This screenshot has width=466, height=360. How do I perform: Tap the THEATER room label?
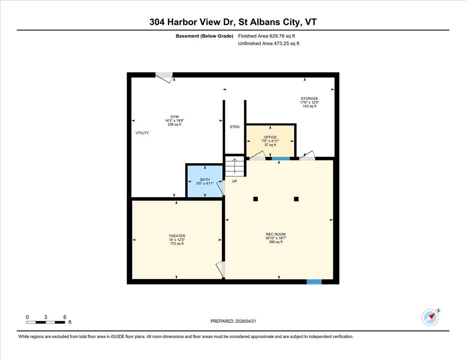(177, 236)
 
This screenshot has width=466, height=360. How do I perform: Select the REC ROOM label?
(276, 234)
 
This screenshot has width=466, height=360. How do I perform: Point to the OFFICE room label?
(270, 137)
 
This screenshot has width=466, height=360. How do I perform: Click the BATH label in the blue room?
(205, 179)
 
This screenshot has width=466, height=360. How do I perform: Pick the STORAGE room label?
(309, 99)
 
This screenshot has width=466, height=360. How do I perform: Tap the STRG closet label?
(235, 127)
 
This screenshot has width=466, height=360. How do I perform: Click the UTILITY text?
(142, 133)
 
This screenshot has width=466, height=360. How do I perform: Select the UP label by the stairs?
(234, 181)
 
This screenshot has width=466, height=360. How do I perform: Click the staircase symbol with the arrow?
(235, 166)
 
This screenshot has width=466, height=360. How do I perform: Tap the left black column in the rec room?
(256, 199)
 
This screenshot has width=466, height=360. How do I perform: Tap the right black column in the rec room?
(296, 199)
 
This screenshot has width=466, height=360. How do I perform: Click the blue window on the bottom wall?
(314, 282)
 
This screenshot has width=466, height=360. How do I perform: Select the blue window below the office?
(281, 158)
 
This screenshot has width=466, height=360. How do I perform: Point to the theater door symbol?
(220, 269)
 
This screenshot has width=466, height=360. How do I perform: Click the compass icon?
(430, 317)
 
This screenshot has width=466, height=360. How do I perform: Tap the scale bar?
(45, 322)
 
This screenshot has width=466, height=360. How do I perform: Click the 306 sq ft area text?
(276, 242)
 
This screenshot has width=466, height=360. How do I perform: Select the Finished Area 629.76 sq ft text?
(263, 36)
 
